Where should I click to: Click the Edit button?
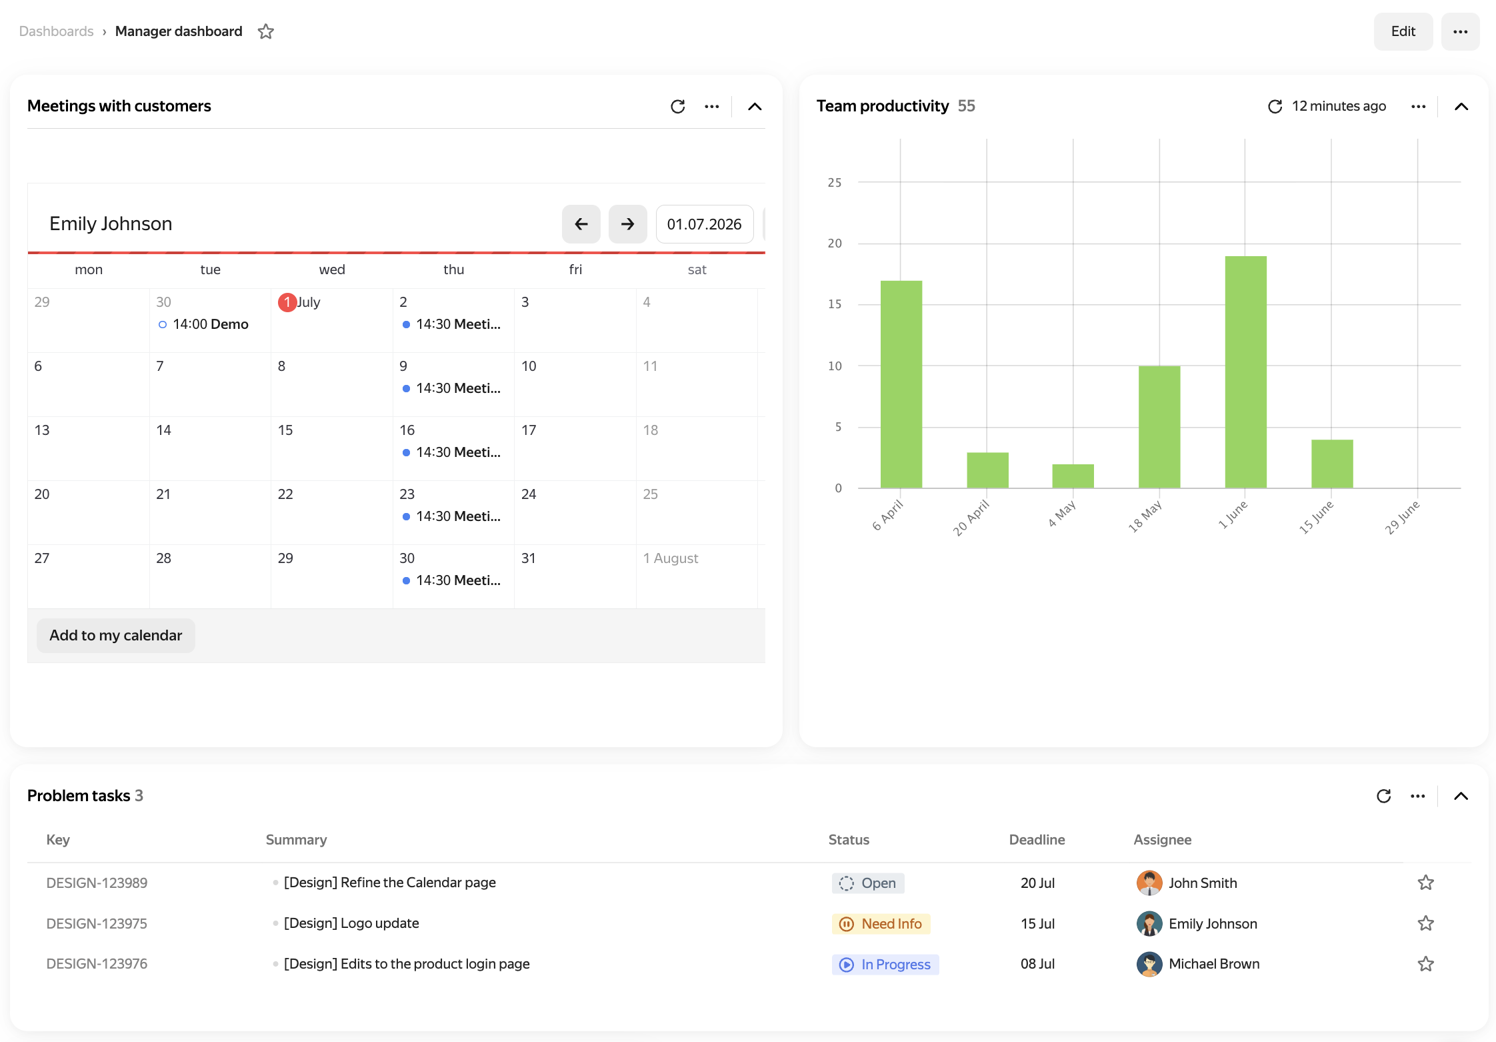click(x=1403, y=31)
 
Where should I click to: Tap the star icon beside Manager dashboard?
click(x=266, y=31)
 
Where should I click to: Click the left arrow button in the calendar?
click(x=581, y=224)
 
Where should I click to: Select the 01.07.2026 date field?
click(x=704, y=224)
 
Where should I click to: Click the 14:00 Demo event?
click(x=203, y=324)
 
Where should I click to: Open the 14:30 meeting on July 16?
click(x=451, y=452)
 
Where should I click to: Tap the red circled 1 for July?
click(x=287, y=302)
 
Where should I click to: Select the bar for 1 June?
click(x=1245, y=372)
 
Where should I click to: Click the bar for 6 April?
click(x=901, y=384)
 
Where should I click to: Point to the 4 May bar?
click(x=1073, y=476)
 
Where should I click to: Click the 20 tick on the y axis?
click(x=835, y=243)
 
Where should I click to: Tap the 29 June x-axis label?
click(x=1402, y=518)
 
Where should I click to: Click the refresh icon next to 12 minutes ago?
click(x=1275, y=107)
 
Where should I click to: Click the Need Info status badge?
click(x=881, y=924)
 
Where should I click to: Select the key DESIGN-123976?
click(x=97, y=964)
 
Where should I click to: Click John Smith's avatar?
click(x=1149, y=883)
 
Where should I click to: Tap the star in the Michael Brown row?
click(x=1425, y=964)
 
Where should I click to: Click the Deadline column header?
click(x=1037, y=840)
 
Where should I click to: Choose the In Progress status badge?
click(x=885, y=965)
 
